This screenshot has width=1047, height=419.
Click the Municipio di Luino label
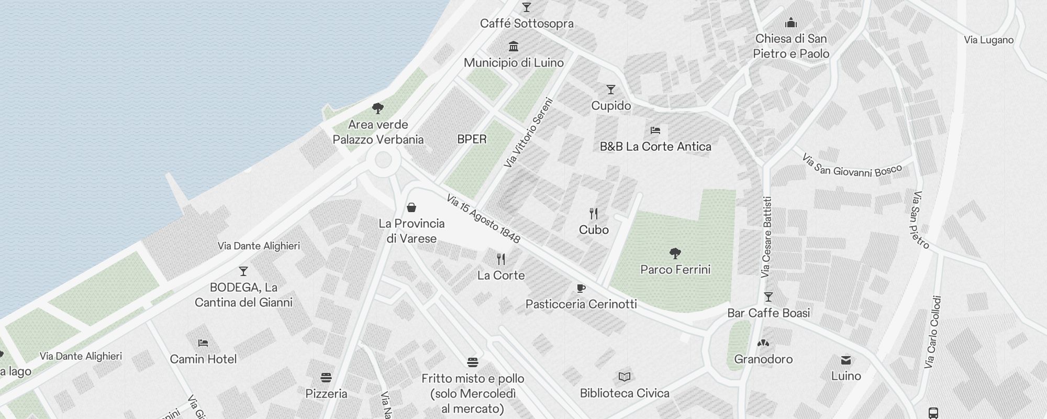pos(514,63)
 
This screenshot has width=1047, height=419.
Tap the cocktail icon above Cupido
pos(610,90)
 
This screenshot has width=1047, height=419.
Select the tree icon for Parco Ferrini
pos(675,253)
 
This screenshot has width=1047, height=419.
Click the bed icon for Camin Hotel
pos(203,343)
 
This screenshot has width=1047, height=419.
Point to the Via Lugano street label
pos(988,40)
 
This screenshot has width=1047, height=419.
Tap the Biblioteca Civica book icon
pos(624,377)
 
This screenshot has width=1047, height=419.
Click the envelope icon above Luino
pos(846,360)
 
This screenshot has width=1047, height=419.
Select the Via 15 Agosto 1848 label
pos(483,219)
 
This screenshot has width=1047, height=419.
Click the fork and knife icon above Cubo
pos(594,213)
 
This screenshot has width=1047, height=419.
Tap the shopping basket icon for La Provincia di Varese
pos(411,207)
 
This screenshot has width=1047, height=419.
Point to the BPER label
pos(472,139)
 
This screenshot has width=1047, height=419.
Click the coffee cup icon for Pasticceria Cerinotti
pos(581,288)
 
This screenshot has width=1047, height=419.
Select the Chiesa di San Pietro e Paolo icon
pos(791,23)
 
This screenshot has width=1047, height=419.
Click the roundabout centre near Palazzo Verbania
pos(383,160)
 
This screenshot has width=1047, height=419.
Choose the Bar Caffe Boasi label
pos(768,313)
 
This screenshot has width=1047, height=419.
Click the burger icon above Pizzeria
pos(326,378)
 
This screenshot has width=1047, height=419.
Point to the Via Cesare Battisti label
pos(766,237)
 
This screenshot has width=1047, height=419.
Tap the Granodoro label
pos(763,359)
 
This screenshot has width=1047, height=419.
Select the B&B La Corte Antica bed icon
pos(655,130)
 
